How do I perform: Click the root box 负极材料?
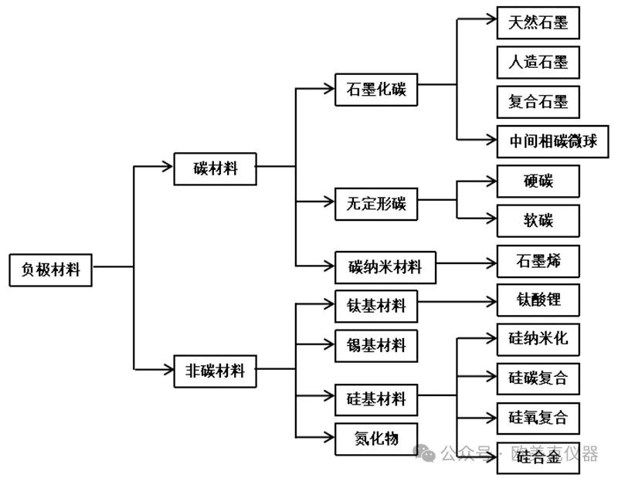50,270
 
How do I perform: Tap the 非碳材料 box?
216,370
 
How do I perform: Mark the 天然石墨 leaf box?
538,23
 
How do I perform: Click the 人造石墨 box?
538,63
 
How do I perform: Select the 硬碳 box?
538,181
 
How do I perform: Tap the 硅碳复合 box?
538,378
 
